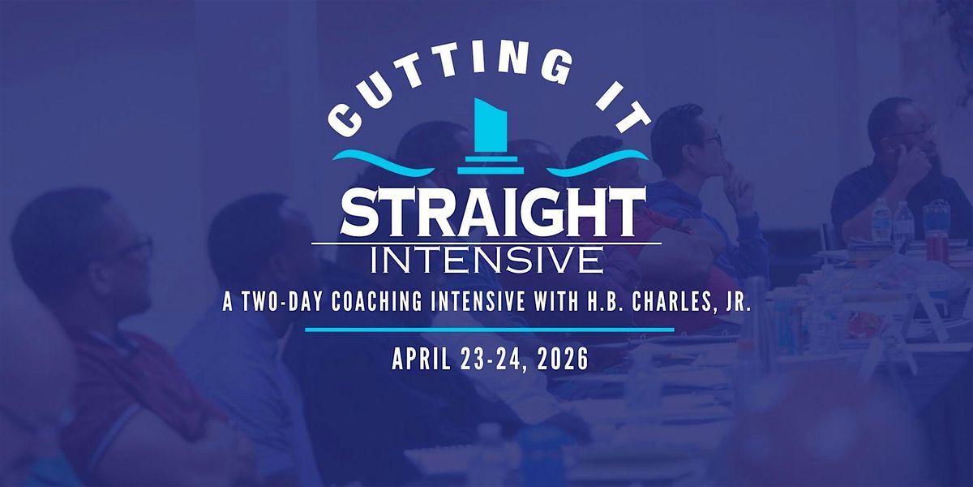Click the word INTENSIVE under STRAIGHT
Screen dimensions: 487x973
[x=486, y=259]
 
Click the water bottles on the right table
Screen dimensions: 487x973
[x=892, y=221]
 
